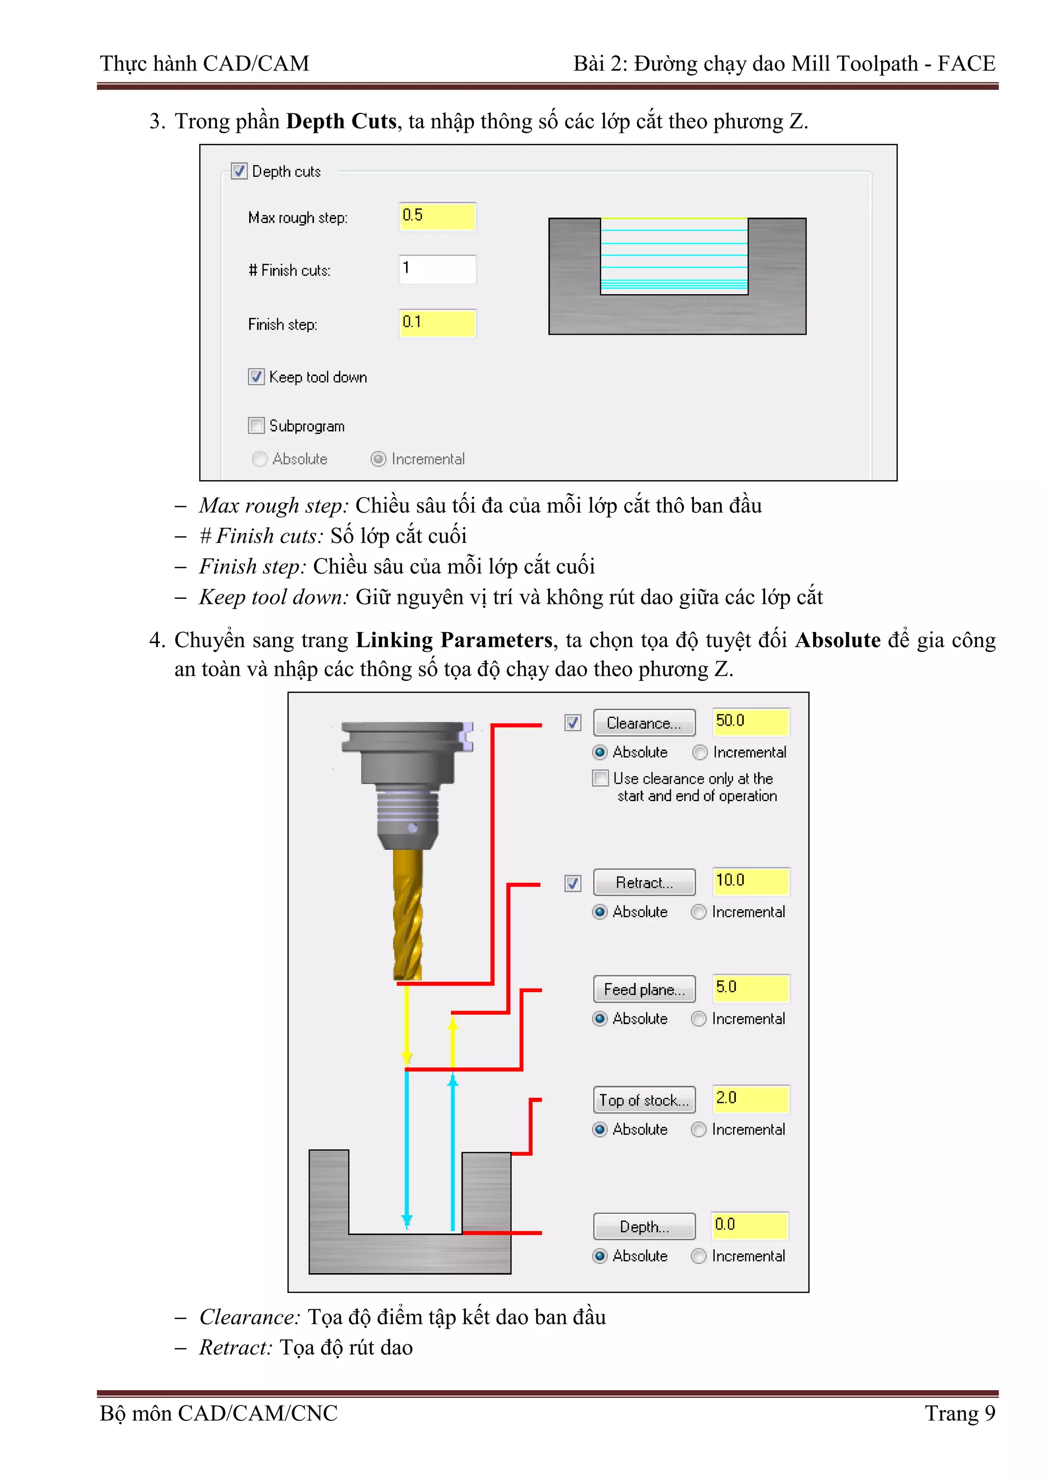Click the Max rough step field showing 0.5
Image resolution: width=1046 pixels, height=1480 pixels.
[437, 216]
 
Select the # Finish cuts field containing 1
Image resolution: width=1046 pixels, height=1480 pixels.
[437, 269]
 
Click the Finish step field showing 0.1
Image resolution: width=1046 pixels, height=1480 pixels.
[437, 323]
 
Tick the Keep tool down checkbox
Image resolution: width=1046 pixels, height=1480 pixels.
[256, 377]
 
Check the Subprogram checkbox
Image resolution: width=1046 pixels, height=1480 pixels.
[256, 426]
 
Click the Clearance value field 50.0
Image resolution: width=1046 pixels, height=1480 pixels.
[750, 722]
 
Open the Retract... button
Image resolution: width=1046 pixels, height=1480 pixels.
[644, 882]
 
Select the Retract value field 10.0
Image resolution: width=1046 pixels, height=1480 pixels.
[750, 881]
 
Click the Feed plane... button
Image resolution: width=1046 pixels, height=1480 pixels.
[644, 989]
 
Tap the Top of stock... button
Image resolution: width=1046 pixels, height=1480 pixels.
[644, 1100]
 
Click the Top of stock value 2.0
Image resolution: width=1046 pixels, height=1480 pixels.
[750, 1098]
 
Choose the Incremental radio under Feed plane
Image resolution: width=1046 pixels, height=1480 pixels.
[699, 1019]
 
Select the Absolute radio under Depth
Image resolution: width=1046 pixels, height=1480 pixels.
[600, 1256]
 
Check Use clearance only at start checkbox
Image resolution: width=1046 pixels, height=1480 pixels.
[600, 778]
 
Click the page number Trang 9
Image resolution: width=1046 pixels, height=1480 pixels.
[959, 1413]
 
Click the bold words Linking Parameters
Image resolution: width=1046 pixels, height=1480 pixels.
[454, 640]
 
